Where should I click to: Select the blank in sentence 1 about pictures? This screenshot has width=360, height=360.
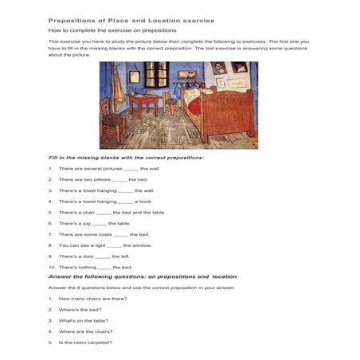pyautogui.click(x=131, y=169)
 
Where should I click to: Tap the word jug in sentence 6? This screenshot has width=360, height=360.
pyautogui.click(x=86, y=224)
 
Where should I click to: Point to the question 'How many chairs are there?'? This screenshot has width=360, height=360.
pyautogui.click(x=92, y=299)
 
